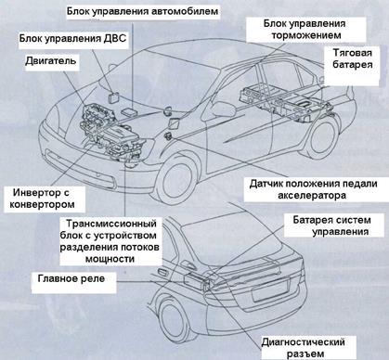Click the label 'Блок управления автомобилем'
(x=143, y=12)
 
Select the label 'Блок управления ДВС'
(x=73, y=39)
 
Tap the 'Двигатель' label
(x=50, y=60)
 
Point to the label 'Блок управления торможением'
(x=305, y=30)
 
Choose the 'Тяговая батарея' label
(x=352, y=58)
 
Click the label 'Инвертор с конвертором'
(x=43, y=199)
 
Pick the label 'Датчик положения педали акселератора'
(x=313, y=189)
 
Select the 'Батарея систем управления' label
(x=331, y=226)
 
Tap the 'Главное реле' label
(x=71, y=278)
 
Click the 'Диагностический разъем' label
(x=304, y=348)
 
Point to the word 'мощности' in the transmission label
(x=110, y=259)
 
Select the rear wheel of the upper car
(x=322, y=137)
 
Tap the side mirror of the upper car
(x=223, y=109)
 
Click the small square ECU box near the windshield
(x=112, y=96)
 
